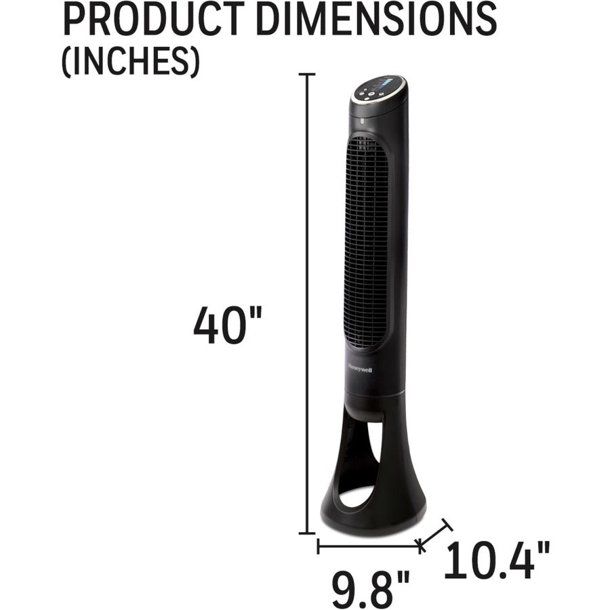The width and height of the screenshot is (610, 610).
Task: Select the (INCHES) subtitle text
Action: [x=131, y=62]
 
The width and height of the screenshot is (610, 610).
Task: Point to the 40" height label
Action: [x=227, y=325]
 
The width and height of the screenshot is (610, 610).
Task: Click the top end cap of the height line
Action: [x=308, y=74]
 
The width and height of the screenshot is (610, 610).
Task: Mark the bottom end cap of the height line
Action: [x=308, y=533]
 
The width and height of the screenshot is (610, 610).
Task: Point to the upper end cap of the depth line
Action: [x=445, y=523]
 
